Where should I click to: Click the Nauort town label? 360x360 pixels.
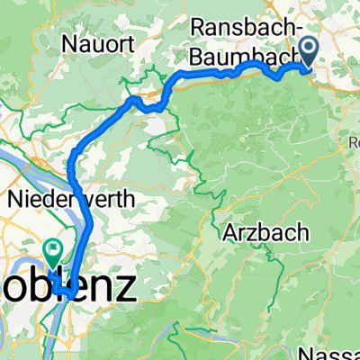[99, 42]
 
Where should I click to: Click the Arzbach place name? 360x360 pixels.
[266, 232]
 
